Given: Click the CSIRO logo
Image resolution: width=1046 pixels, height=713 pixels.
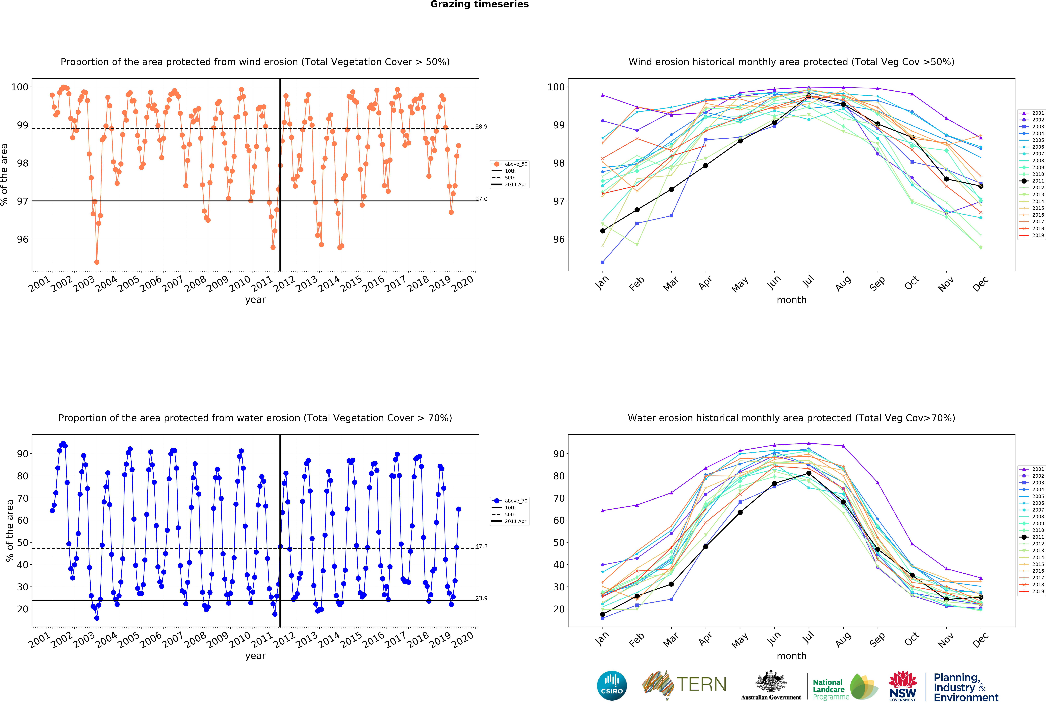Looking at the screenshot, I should tap(612, 686).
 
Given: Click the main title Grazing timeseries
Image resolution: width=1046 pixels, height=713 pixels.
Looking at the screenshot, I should tap(479, 4).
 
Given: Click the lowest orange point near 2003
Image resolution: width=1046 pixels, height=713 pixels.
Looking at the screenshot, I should tap(97, 262).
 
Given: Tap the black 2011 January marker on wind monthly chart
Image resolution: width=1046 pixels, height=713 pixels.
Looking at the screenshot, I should tap(603, 231).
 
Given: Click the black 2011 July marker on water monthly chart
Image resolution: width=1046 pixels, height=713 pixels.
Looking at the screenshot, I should tap(809, 473).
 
